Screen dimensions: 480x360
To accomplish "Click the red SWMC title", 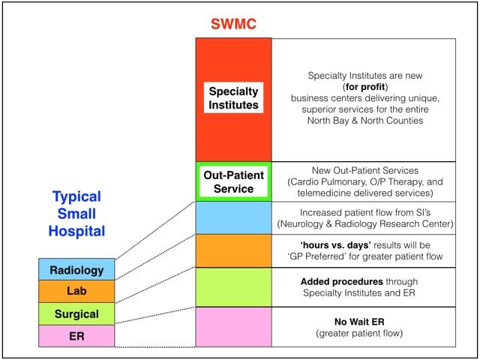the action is tap(233, 24).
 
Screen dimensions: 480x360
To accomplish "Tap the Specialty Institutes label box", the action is tap(233, 97).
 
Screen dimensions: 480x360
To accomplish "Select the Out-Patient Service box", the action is tap(233, 181).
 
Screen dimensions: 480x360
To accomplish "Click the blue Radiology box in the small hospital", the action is tap(76, 269).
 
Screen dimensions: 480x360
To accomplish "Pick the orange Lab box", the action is tap(76, 292).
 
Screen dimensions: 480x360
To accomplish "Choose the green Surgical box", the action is tap(76, 314).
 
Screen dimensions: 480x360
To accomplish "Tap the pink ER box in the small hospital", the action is tap(76, 336).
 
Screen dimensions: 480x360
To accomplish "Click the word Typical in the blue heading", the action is tap(76, 196).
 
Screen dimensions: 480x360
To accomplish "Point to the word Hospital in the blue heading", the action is tap(76, 231).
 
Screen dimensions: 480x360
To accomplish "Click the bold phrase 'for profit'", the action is tap(365, 87).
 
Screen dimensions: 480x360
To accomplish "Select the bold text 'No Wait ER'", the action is tap(359, 322).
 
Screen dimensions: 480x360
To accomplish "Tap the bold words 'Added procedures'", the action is tap(342, 282).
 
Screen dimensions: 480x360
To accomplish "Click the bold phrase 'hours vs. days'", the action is tap(336, 245).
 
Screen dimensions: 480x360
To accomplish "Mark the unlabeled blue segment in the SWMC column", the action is tap(233, 218).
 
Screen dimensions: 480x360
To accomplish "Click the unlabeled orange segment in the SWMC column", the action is tap(233, 251).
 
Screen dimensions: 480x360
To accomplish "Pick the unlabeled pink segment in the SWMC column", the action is tap(233, 327).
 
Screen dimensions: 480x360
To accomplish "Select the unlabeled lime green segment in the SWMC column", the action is tap(233, 287).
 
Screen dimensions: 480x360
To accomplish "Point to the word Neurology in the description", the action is tap(301, 223).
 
